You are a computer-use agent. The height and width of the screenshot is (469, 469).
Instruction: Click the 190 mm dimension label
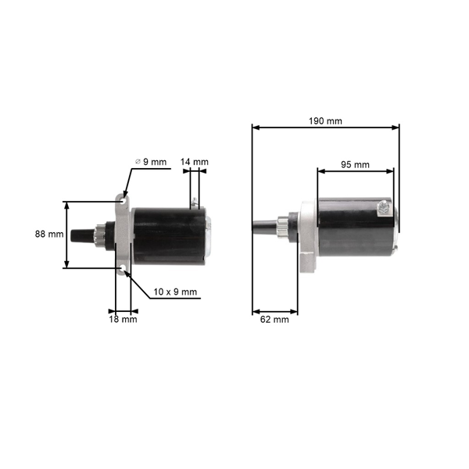[x=325, y=120]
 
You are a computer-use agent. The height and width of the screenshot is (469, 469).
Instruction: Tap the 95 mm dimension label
[x=356, y=164]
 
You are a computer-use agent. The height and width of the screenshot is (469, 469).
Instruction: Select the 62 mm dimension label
[x=274, y=319]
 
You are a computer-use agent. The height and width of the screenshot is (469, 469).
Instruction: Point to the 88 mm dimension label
[x=48, y=234]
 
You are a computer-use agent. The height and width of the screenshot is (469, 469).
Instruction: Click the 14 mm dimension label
[x=195, y=163]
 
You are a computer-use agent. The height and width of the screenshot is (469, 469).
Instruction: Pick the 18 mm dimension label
[x=123, y=319]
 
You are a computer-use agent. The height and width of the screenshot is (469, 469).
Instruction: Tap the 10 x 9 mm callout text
[x=175, y=292]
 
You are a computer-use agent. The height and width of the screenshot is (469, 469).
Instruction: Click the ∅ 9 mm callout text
[x=151, y=162]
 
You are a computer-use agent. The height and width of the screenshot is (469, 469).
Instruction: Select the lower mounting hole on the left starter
[x=122, y=270]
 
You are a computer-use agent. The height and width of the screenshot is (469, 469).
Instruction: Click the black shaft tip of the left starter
[x=77, y=234]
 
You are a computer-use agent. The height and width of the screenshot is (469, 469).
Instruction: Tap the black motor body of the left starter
[x=164, y=234]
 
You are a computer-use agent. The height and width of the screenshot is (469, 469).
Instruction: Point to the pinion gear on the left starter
[x=100, y=234]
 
